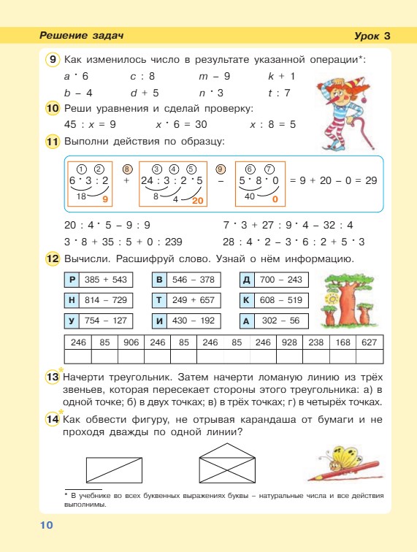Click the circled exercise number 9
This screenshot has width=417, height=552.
point(52,59)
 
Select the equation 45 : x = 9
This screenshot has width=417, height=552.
point(90,125)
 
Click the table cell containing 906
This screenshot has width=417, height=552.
point(131,342)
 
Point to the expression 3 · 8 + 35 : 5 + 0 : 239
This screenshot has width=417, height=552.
point(123,242)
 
